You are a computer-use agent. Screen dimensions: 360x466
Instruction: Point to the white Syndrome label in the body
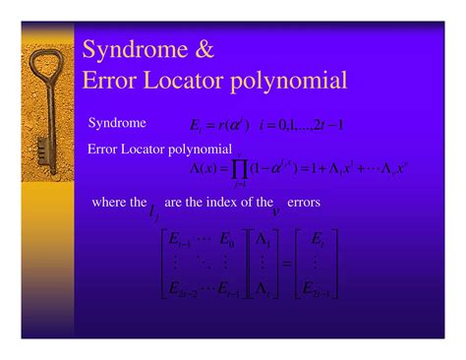pos(117,124)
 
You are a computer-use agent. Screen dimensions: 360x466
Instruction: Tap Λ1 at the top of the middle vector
pos(261,238)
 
